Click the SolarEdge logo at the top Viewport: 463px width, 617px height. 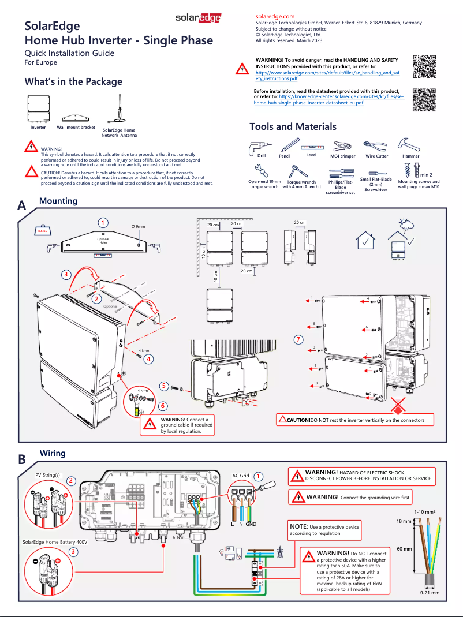click(199, 18)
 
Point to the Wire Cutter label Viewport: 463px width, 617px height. click(376, 156)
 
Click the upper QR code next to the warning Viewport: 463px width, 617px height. click(424, 67)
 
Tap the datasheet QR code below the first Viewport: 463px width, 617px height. click(424, 99)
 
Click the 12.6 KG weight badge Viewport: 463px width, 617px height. click(42, 230)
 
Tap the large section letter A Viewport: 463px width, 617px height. click(21, 206)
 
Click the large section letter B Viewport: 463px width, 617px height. click(21, 459)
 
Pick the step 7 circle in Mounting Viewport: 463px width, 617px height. click(298, 339)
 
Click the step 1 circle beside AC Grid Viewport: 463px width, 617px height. click(258, 476)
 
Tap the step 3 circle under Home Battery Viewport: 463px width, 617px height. click(73, 552)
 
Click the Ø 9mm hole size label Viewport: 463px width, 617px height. click(139, 226)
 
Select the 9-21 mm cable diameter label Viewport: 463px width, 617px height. click(429, 593)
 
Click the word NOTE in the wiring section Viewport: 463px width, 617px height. click(299, 526)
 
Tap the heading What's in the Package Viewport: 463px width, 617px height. click(73, 81)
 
